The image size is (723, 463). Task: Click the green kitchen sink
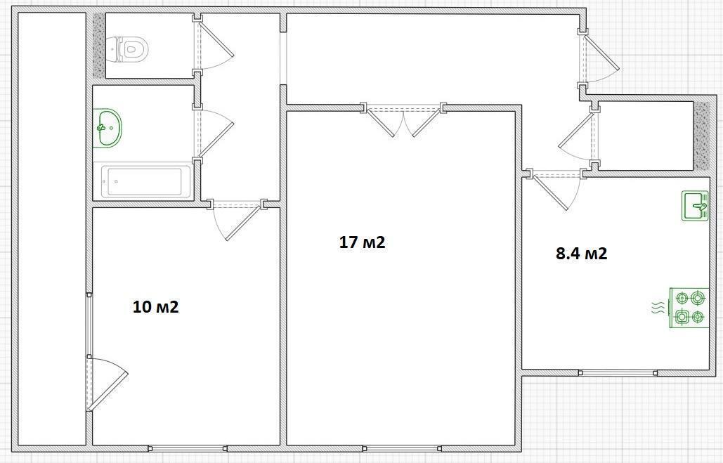(696, 206)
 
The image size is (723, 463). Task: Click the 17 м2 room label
(362, 242)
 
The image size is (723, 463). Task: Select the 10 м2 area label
(155, 306)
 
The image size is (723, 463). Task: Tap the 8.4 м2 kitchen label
(582, 253)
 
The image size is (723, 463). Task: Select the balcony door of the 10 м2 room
(106, 384)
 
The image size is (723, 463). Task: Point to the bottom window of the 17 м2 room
(402, 448)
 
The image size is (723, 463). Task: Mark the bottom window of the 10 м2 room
(188, 448)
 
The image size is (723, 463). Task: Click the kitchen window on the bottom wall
(618, 372)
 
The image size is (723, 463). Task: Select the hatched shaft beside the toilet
(98, 45)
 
